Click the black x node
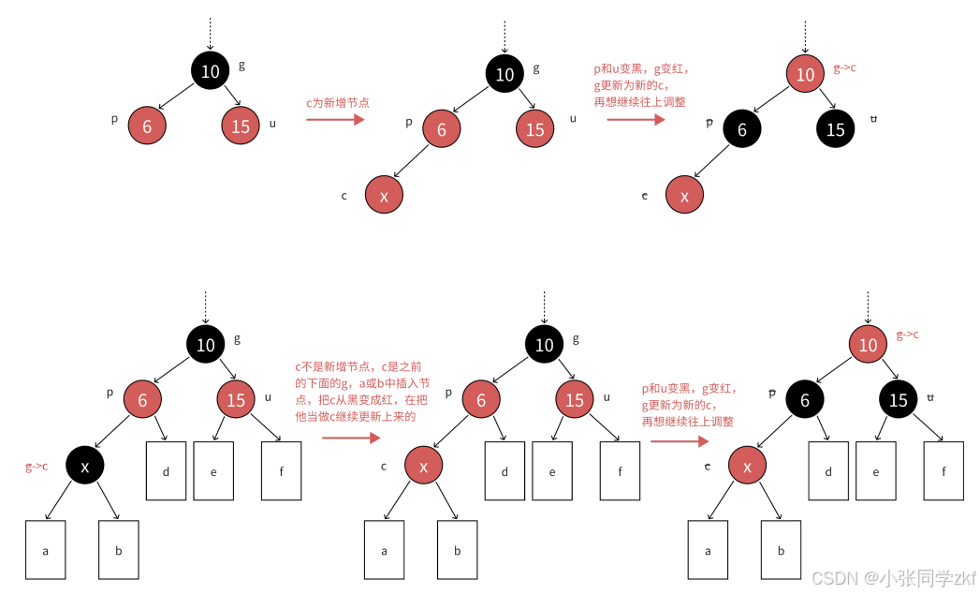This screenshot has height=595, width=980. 85,466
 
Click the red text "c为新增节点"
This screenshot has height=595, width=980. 337,103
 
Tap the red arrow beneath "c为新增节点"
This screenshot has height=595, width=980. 334,119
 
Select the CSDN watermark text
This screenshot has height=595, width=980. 893,578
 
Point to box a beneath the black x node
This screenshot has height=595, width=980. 45,550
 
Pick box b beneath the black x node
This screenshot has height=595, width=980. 118,550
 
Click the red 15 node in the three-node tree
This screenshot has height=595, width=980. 241,126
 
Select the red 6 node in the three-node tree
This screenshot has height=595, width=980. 147,126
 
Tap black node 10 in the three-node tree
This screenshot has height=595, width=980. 210,71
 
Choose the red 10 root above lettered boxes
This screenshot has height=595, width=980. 868,345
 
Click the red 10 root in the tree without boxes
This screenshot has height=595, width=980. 805,75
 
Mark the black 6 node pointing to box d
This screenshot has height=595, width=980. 804,400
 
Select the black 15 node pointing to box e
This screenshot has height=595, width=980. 898,400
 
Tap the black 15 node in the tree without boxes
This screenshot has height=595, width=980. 835,129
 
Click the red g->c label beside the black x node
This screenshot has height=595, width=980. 37,466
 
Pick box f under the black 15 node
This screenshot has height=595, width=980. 943,469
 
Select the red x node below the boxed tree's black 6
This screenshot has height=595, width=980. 746,465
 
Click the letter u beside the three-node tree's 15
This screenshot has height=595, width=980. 272,123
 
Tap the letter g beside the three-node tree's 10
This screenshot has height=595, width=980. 241,65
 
